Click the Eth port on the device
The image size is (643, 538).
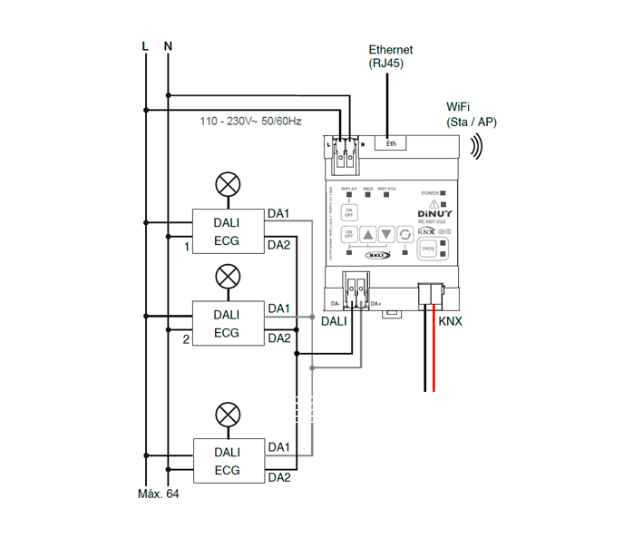[391, 142]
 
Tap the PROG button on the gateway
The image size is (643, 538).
[427, 247]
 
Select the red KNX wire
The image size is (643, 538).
[434, 354]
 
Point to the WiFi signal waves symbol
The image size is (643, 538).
[476, 146]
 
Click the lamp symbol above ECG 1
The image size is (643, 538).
[227, 186]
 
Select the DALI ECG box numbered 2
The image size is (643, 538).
[227, 324]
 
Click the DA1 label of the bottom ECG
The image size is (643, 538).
[278, 448]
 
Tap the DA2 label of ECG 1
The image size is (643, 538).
[278, 245]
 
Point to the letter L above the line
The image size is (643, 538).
[144, 45]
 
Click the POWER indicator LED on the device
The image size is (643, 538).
[445, 192]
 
